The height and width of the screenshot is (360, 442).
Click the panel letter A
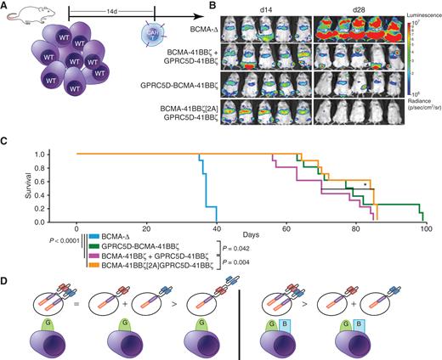point(5,6)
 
